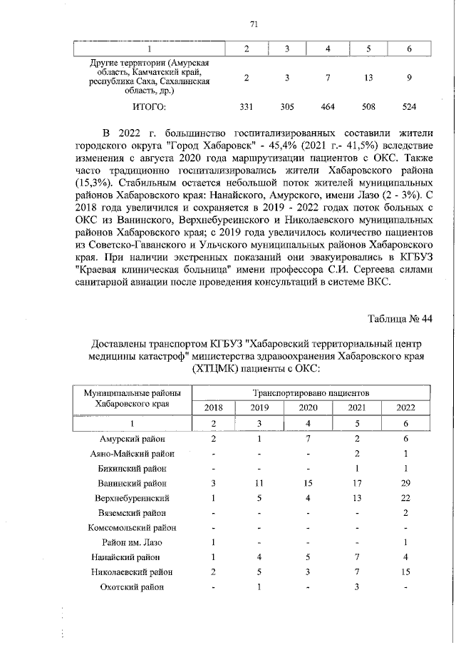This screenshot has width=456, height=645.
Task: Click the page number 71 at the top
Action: click(x=254, y=24)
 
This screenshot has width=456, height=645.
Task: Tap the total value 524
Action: click(x=408, y=107)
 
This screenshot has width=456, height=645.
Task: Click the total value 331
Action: click(x=246, y=107)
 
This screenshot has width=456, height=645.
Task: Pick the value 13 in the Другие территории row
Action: click(x=368, y=77)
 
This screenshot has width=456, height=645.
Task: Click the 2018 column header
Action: click(x=213, y=407)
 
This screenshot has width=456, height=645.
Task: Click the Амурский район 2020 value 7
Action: click(x=308, y=439)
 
